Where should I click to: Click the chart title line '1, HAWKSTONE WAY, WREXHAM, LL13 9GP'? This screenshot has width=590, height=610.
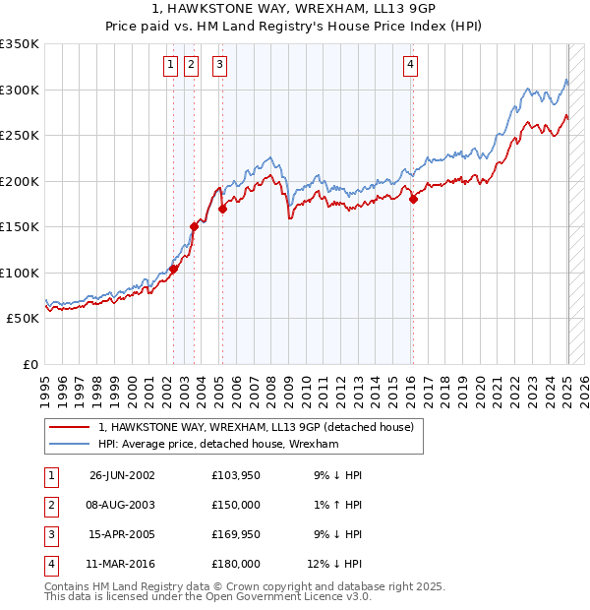coord(295,11)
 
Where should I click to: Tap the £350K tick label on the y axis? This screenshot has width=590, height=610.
coord(20,44)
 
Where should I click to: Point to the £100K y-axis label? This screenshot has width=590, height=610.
coord(20,273)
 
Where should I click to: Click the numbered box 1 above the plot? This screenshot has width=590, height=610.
coord(171,66)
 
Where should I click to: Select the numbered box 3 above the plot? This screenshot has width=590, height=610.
coord(218,66)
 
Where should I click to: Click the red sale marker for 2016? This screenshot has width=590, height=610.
coord(413,200)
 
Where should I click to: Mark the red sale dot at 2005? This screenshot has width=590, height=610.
coord(223,209)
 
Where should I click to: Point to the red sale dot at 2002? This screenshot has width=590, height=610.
coord(174,269)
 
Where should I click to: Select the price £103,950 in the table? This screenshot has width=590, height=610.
coord(236,475)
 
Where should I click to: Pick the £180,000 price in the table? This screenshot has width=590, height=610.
coord(236,564)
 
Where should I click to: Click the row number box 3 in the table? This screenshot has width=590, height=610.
coord(50,534)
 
